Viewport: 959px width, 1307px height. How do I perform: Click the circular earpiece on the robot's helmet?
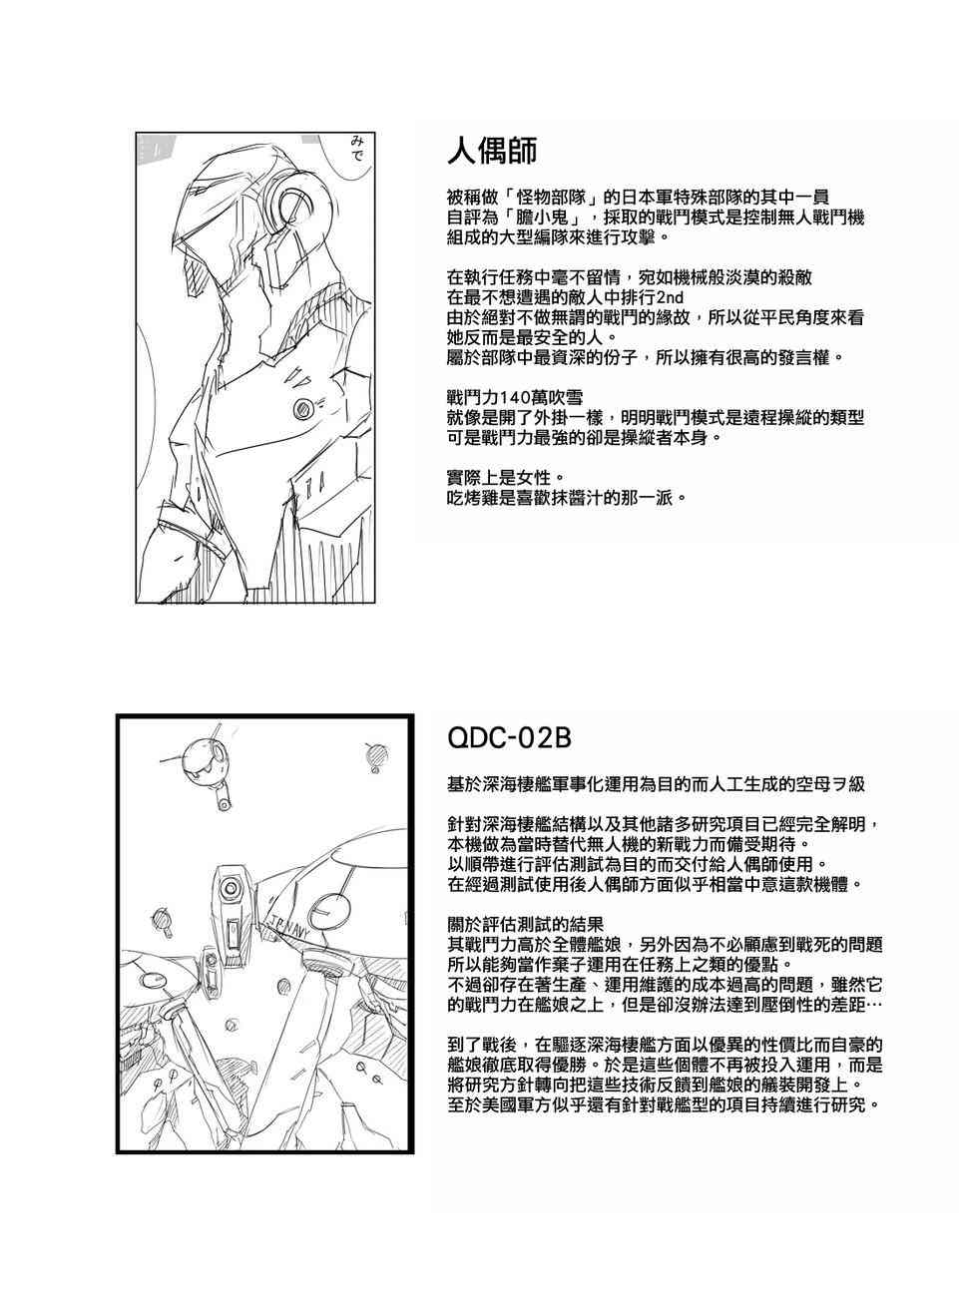296,209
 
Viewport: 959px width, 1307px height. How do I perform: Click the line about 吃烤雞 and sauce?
566,497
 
